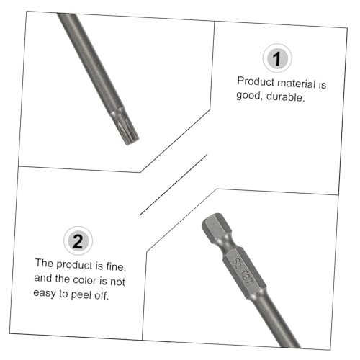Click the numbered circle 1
(x=277, y=58)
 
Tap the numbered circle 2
(x=78, y=240)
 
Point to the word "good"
(x=248, y=96)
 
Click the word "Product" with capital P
(x=256, y=81)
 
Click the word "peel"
(x=81, y=294)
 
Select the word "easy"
(x=45, y=293)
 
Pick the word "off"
(x=101, y=295)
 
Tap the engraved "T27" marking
(x=247, y=276)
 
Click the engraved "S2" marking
(x=237, y=264)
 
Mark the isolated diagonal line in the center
(x=174, y=184)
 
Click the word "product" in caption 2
(x=74, y=265)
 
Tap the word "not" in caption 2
(x=117, y=282)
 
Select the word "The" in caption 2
(x=44, y=263)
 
